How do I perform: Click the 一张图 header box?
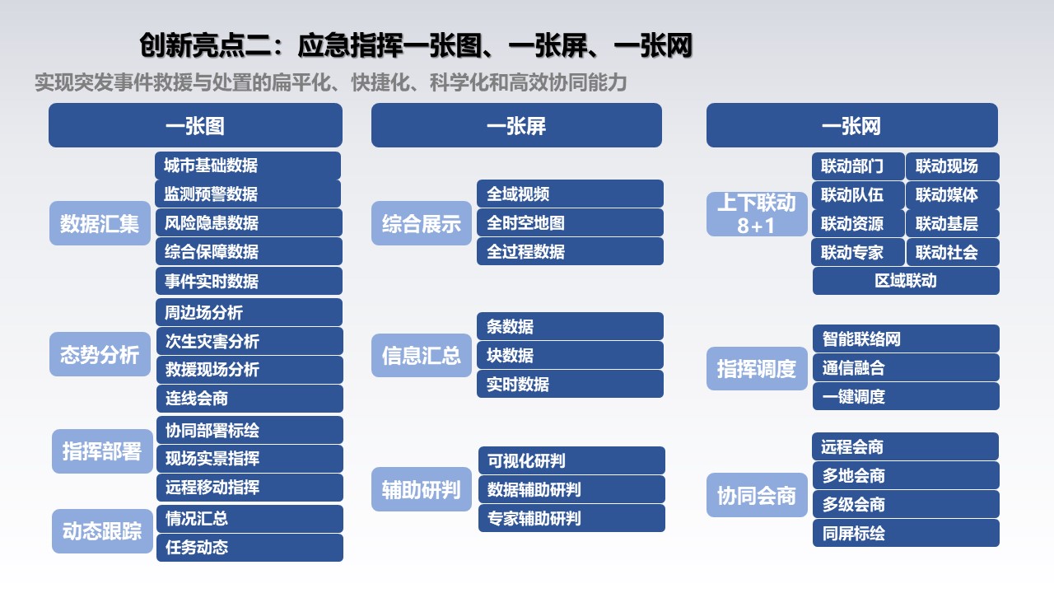[195, 125]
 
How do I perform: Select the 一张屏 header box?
[516, 125]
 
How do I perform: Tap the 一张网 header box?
[852, 125]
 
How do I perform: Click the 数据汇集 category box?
[100, 223]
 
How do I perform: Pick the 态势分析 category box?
[100, 354]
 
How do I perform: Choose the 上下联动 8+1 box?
[757, 214]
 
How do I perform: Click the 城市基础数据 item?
[248, 166]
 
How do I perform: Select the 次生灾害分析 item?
[250, 341]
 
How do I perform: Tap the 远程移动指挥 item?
[250, 487]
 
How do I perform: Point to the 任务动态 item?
[250, 548]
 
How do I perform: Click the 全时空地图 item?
[571, 222]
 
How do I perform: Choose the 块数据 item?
[571, 355]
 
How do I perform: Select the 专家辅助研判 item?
[571, 518]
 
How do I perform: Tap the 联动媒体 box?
[953, 195]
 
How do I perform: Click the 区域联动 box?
[906, 281]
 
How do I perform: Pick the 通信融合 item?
[906, 367]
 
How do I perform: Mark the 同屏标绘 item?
[906, 533]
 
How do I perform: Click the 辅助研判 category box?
[422, 489]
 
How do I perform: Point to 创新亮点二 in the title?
[206, 45]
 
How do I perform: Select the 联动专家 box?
[858, 252]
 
